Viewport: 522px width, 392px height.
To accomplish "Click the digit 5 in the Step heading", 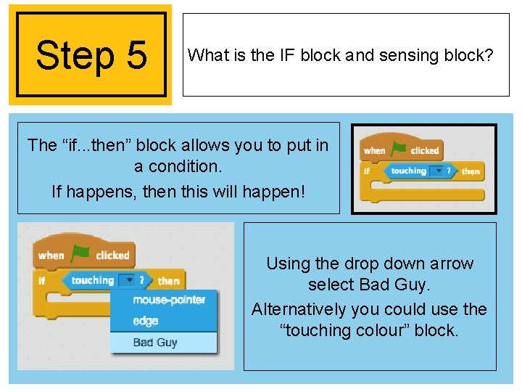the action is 137,55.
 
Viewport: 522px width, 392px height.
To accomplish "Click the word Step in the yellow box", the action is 75,57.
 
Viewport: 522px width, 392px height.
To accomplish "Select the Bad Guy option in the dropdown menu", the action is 155,343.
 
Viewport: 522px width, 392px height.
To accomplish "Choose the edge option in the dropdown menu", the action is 146,321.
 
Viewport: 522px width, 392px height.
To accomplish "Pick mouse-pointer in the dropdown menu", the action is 169,300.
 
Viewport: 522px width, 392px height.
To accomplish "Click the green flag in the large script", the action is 80,253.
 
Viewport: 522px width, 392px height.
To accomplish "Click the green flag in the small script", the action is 398,149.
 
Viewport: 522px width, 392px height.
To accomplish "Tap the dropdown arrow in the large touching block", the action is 129,280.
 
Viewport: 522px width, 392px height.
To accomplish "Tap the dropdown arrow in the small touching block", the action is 439,171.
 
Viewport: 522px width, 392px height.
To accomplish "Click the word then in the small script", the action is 471,171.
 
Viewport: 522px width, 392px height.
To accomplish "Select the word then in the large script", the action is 169,281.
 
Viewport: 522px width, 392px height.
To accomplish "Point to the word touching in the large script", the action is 93,281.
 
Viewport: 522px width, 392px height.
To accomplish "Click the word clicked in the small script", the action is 425,151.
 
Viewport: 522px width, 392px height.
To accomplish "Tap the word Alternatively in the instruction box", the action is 299,310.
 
